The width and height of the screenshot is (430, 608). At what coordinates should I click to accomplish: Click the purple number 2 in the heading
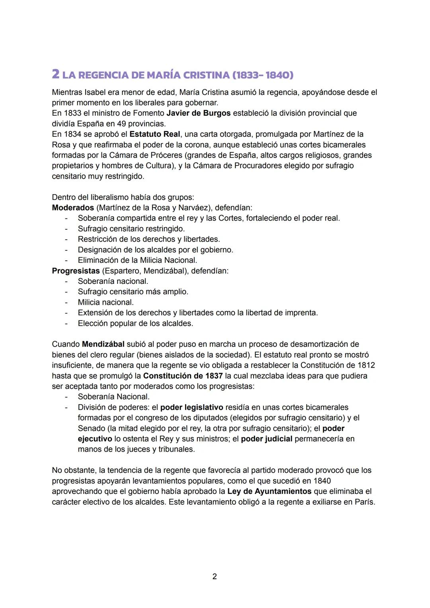[56, 74]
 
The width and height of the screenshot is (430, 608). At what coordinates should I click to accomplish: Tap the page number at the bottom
[215, 576]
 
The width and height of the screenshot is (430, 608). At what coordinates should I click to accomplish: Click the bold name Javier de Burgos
[198, 113]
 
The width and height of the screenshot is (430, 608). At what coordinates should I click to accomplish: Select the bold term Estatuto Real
[154, 134]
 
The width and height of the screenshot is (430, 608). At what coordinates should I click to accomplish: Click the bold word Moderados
[73, 208]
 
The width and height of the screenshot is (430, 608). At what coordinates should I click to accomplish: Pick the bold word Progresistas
[76, 271]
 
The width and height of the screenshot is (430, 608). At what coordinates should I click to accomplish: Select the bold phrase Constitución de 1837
[183, 376]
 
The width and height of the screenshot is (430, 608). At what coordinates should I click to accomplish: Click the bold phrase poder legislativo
[192, 407]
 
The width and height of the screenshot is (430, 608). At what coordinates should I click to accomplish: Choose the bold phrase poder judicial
[266, 439]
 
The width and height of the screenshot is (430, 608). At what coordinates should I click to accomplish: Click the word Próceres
[166, 155]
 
